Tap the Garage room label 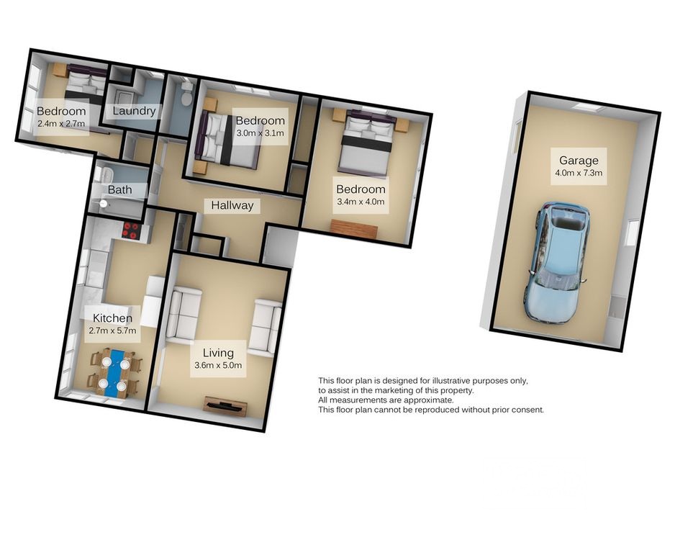coord(579,161)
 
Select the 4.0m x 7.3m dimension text coord(579,174)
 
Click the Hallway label coord(232,206)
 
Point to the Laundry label coord(134,111)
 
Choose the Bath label coord(119,189)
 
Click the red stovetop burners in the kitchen coord(131,230)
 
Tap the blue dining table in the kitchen coord(115,373)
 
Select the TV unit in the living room coord(225,406)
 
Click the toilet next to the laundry coord(186,94)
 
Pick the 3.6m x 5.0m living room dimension coord(218,366)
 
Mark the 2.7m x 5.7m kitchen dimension coord(112,330)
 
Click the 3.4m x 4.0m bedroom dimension coord(361,202)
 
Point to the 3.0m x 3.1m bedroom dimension coord(260,133)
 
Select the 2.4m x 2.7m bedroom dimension coord(61,124)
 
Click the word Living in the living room coord(218,353)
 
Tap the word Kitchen coord(113,318)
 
